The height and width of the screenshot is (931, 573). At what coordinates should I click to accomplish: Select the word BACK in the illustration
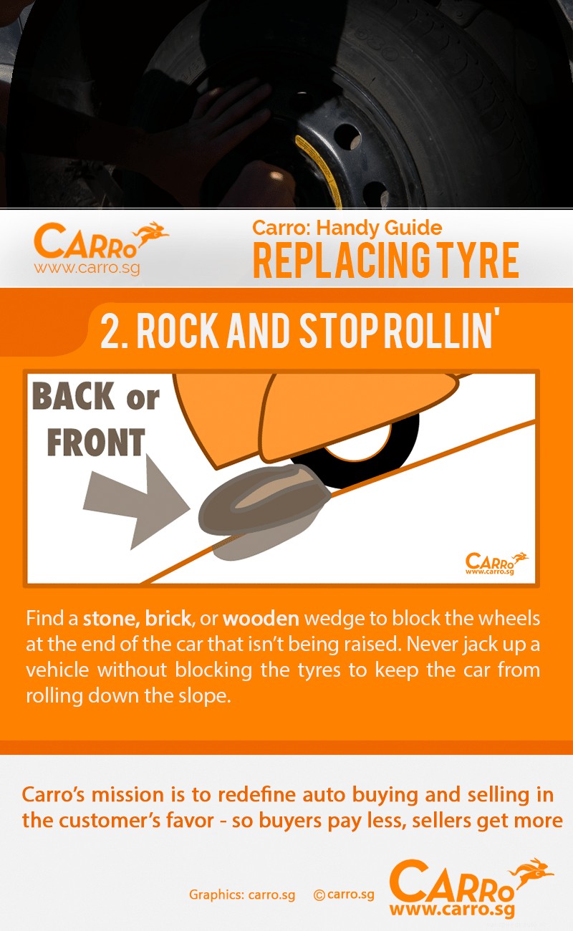74,397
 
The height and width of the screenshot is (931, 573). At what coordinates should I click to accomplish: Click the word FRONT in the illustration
95,443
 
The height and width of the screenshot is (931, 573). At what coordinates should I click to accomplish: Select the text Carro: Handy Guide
347,228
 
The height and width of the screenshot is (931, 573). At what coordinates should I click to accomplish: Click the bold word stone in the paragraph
111,619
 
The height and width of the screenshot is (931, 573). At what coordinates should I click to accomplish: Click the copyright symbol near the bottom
319,894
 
